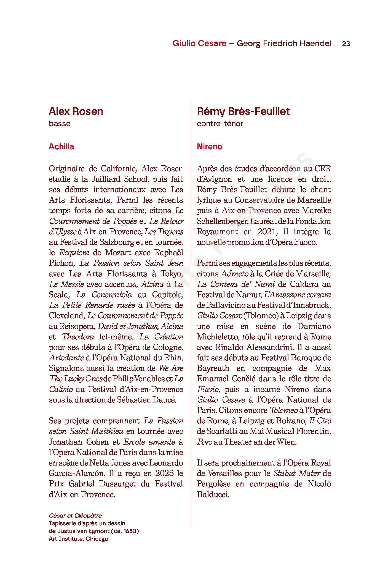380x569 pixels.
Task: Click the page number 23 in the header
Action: pyautogui.click(x=346, y=43)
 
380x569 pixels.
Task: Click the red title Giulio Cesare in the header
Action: pyautogui.click(x=199, y=43)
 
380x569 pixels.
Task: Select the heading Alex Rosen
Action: pyautogui.click(x=76, y=111)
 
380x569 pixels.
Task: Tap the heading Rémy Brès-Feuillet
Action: pyautogui.click(x=243, y=111)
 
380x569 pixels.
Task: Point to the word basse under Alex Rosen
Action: pyautogui.click(x=60, y=124)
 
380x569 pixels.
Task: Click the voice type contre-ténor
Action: pyautogui.click(x=220, y=124)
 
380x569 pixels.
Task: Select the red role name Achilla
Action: pyautogui.click(x=61, y=146)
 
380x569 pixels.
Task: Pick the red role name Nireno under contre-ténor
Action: pyautogui.click(x=209, y=146)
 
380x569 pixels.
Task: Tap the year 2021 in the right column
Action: pyautogui.click(x=267, y=232)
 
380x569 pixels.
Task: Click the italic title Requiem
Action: pyautogui.click(x=74, y=253)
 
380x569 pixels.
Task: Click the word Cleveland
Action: pyautogui.click(x=66, y=316)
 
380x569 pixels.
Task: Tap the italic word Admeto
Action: pyautogui.click(x=235, y=274)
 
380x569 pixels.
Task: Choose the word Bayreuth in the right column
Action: pyautogui.click(x=213, y=368)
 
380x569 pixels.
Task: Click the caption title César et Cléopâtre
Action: pyautogui.click(x=75, y=516)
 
